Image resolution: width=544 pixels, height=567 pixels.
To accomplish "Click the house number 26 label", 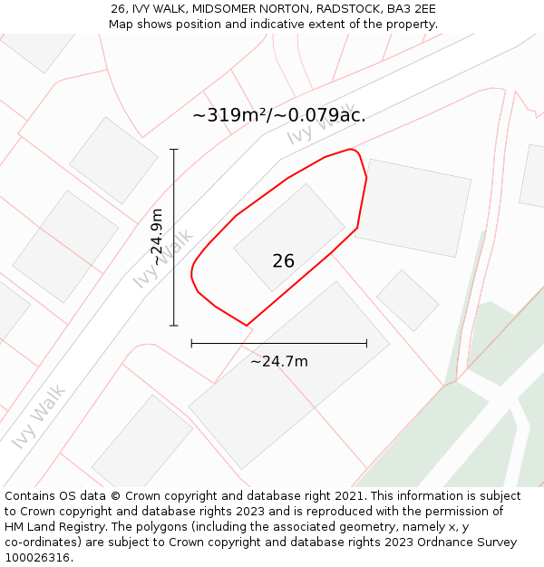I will click(x=283, y=261).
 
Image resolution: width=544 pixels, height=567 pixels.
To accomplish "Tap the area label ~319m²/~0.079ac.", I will click(x=279, y=115).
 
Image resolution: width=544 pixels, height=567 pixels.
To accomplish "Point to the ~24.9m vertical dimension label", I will click(x=157, y=237).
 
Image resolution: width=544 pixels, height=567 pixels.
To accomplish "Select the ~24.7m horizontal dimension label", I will click(x=279, y=361).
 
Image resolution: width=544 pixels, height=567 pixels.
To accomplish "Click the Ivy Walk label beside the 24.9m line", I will click(x=163, y=259).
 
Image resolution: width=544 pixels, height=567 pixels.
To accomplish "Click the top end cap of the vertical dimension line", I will click(x=174, y=150).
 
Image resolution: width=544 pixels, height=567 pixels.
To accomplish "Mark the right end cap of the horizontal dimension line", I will click(x=366, y=343).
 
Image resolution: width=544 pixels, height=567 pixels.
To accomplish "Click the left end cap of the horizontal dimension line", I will click(x=191, y=343).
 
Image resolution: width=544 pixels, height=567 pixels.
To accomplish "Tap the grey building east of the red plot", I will click(x=413, y=208).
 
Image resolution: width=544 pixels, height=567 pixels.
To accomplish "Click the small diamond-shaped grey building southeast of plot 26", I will click(x=407, y=299).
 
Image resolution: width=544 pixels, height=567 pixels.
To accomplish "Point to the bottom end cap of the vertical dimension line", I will click(x=174, y=326).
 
